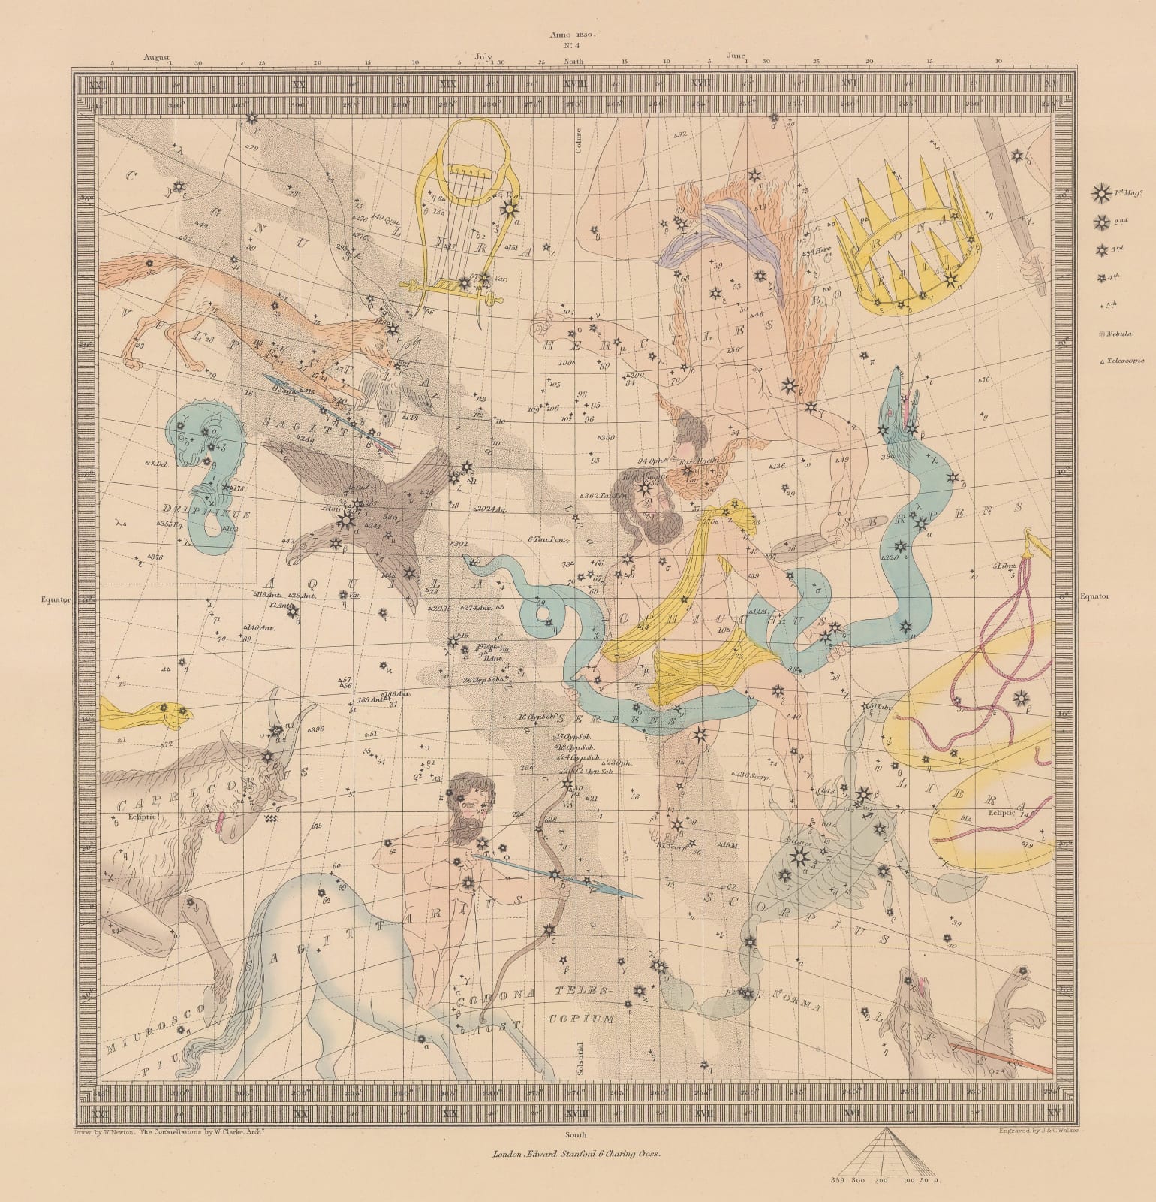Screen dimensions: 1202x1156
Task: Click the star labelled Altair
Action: (x=346, y=519)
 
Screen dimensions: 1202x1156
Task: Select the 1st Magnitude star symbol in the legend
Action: (x=1100, y=194)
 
